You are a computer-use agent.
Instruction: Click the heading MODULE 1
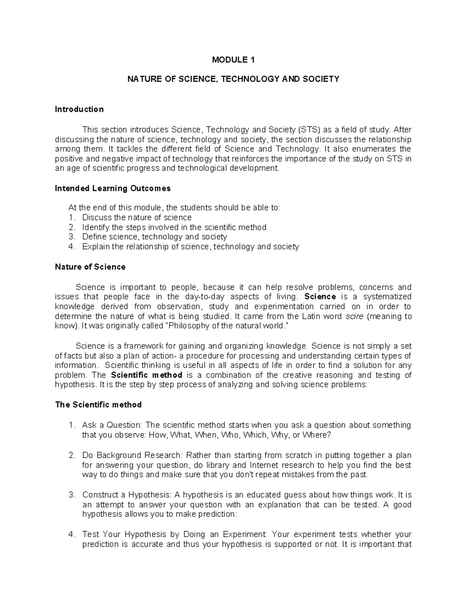233,60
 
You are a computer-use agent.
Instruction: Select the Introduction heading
79,109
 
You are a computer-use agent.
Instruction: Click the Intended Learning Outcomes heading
112,189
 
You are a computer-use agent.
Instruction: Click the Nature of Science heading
90,267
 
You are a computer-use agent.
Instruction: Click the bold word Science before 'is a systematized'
320,297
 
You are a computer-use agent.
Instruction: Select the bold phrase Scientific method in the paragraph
147,375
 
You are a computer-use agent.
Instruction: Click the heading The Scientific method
98,405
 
